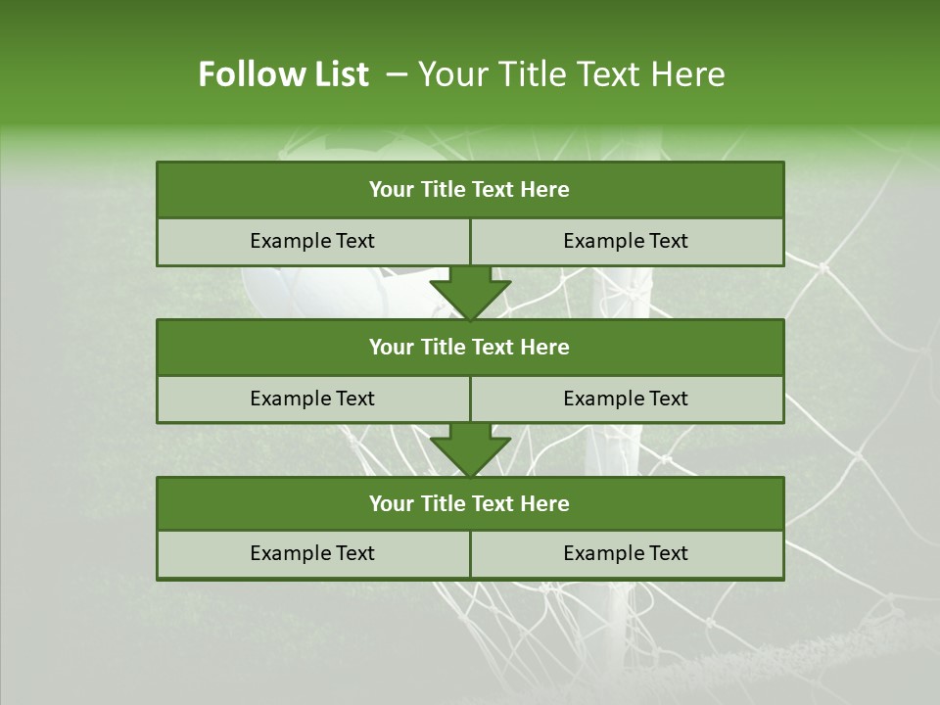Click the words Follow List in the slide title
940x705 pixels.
pos(283,74)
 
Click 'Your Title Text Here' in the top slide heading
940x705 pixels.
pos(571,74)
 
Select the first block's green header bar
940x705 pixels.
pos(470,190)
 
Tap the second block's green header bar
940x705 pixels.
pos(470,348)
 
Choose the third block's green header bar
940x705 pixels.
pos(470,504)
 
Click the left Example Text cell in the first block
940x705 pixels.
pos(312,242)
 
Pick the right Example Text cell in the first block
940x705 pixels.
pos(627,242)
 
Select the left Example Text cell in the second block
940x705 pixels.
pos(312,399)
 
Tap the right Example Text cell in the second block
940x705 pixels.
pos(627,399)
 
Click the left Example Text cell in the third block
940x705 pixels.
pos(312,554)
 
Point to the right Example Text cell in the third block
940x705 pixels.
pos(627,554)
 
